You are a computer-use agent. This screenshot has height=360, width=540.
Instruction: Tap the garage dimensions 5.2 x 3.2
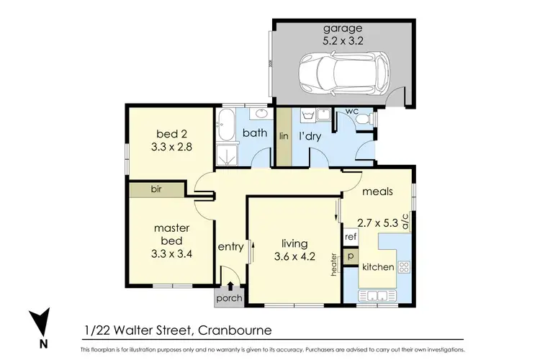(342, 41)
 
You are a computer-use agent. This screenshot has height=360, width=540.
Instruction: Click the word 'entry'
(231, 247)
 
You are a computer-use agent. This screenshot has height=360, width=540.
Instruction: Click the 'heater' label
(335, 265)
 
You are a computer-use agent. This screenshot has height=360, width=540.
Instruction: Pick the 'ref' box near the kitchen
(351, 237)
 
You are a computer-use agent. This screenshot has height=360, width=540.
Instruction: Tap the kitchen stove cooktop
(404, 266)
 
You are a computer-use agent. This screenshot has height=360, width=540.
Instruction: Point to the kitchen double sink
(377, 295)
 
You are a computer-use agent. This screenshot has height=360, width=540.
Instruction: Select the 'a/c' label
(405, 221)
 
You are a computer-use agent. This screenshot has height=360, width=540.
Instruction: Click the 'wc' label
(353, 112)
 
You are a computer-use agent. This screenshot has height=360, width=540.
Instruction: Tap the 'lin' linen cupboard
(284, 137)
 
